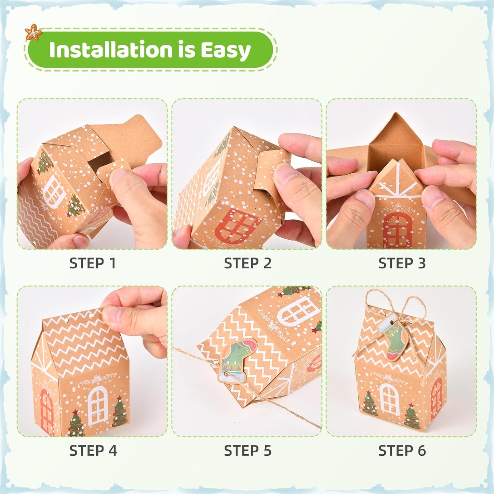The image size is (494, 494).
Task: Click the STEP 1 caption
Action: pyautogui.click(x=93, y=263)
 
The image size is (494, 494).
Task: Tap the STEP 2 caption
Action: pyautogui.click(x=248, y=263)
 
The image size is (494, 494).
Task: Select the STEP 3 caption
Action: pyautogui.click(x=402, y=263)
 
